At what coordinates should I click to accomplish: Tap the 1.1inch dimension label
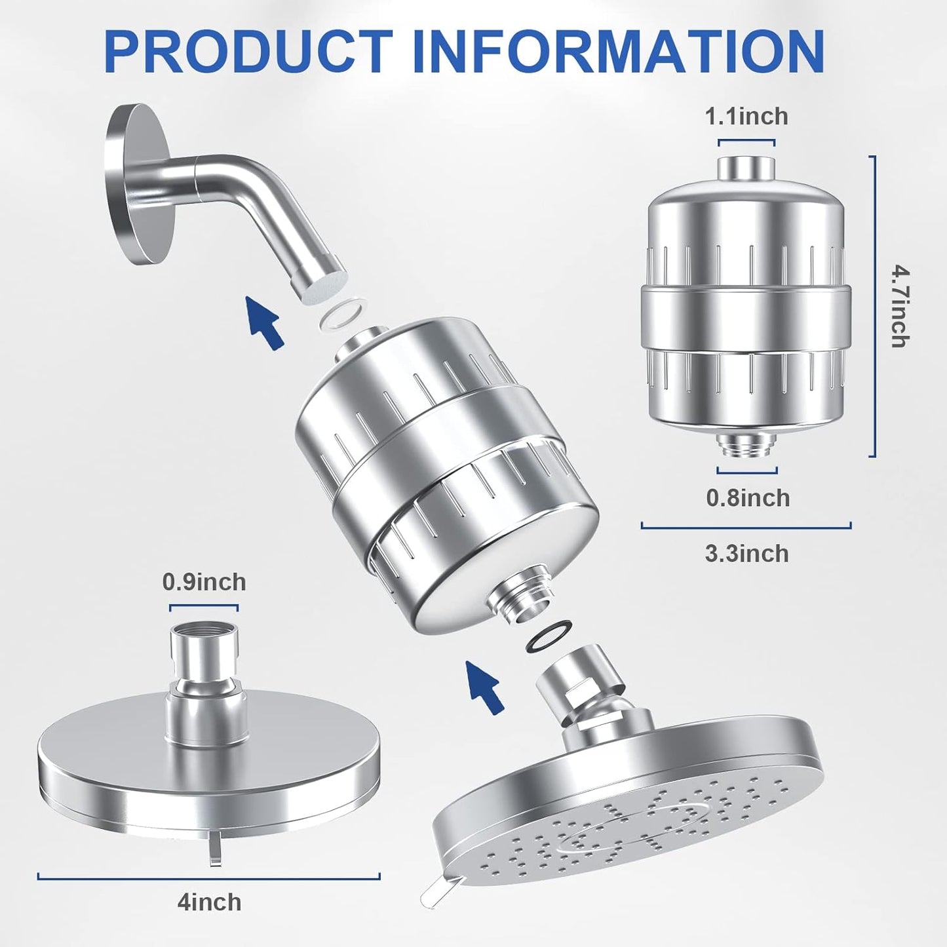click(746, 117)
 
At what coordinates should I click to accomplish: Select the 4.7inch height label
click(899, 306)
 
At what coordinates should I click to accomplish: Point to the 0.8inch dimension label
click(748, 498)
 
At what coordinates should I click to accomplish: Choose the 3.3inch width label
click(746, 554)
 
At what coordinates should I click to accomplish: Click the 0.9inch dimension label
click(204, 582)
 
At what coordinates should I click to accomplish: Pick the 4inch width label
click(209, 902)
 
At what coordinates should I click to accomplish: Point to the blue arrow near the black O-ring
click(485, 686)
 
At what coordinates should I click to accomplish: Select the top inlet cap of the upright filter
click(746, 168)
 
